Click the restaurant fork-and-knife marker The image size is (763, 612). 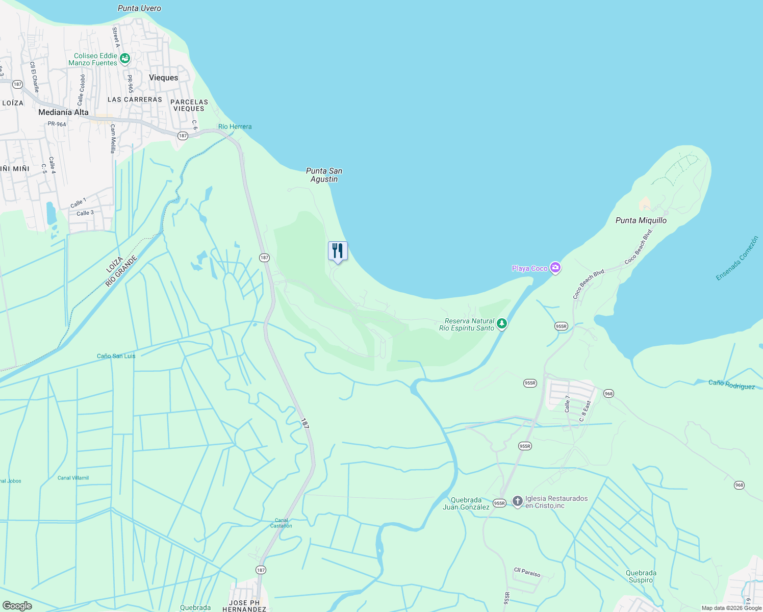point(337,251)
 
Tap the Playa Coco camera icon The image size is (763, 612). point(555,268)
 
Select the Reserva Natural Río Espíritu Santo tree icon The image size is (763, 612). point(502,324)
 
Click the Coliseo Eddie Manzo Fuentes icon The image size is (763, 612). point(124,59)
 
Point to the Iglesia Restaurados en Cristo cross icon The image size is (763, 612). point(517,501)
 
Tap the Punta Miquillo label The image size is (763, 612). point(641,220)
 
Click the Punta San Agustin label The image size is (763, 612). point(324,175)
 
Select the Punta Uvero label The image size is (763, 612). point(139,8)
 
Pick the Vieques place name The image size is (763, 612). point(163,78)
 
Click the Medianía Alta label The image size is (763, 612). point(63,112)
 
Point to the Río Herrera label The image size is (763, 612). point(235,126)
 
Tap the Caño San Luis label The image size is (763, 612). point(116,356)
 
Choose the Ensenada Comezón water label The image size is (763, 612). point(737,258)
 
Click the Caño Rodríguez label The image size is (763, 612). point(731,385)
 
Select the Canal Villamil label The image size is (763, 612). point(73,478)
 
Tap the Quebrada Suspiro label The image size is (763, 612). point(641,576)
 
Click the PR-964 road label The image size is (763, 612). point(57,124)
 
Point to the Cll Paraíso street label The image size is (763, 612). point(527,572)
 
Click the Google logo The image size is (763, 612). point(17,605)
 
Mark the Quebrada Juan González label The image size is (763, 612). point(466,503)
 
